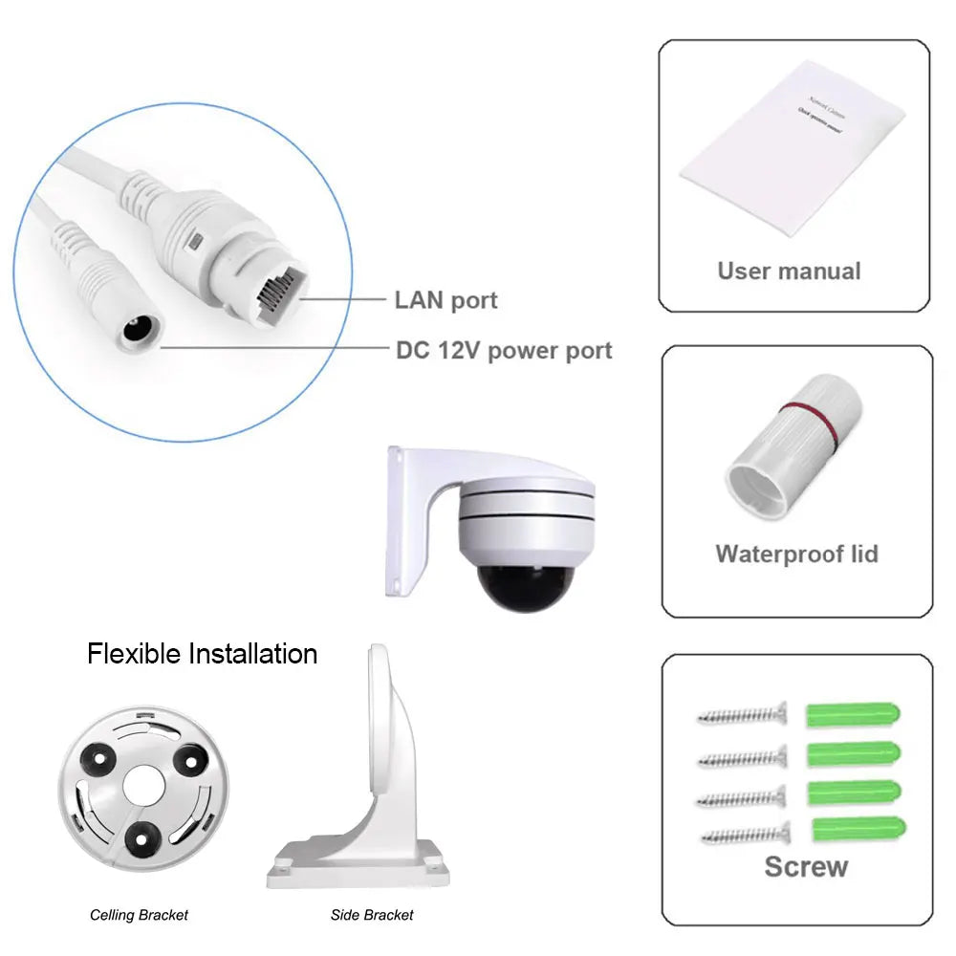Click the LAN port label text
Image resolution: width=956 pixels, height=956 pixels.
click(x=445, y=300)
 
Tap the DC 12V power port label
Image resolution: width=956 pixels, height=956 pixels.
click(x=504, y=350)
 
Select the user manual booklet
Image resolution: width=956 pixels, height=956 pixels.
click(x=791, y=148)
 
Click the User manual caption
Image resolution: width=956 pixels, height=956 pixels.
click(x=789, y=271)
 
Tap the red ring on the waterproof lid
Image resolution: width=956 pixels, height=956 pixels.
click(x=809, y=422)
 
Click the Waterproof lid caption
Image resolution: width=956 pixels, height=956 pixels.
click(x=796, y=554)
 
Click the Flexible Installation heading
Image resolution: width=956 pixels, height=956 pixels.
click(x=202, y=654)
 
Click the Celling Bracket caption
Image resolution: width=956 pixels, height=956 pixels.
click(x=139, y=915)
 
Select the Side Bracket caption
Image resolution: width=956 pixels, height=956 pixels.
click(x=372, y=915)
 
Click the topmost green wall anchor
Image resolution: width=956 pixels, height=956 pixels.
click(x=854, y=713)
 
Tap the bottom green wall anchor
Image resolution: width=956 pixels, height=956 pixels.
click(x=858, y=828)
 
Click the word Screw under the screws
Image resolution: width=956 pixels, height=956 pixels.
click(x=806, y=867)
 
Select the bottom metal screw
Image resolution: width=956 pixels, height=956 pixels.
click(x=745, y=835)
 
